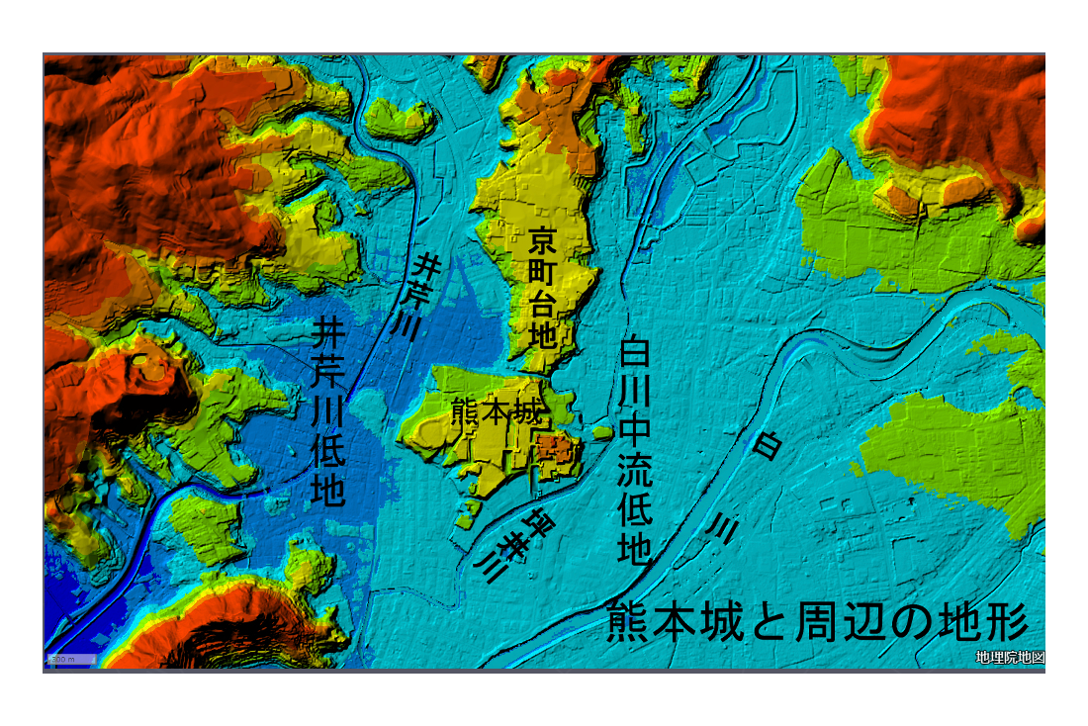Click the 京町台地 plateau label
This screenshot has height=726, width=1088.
click(542, 287)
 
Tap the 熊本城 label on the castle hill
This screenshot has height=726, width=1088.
click(497, 410)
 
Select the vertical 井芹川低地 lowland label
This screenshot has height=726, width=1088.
click(328, 410)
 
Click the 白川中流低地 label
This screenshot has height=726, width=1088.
click(634, 450)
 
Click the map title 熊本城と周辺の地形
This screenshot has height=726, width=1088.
click(817, 622)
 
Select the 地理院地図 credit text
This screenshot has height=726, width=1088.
click(1009, 658)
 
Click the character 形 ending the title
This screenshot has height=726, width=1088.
click(1006, 622)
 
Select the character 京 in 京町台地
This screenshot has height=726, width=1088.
click(542, 239)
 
